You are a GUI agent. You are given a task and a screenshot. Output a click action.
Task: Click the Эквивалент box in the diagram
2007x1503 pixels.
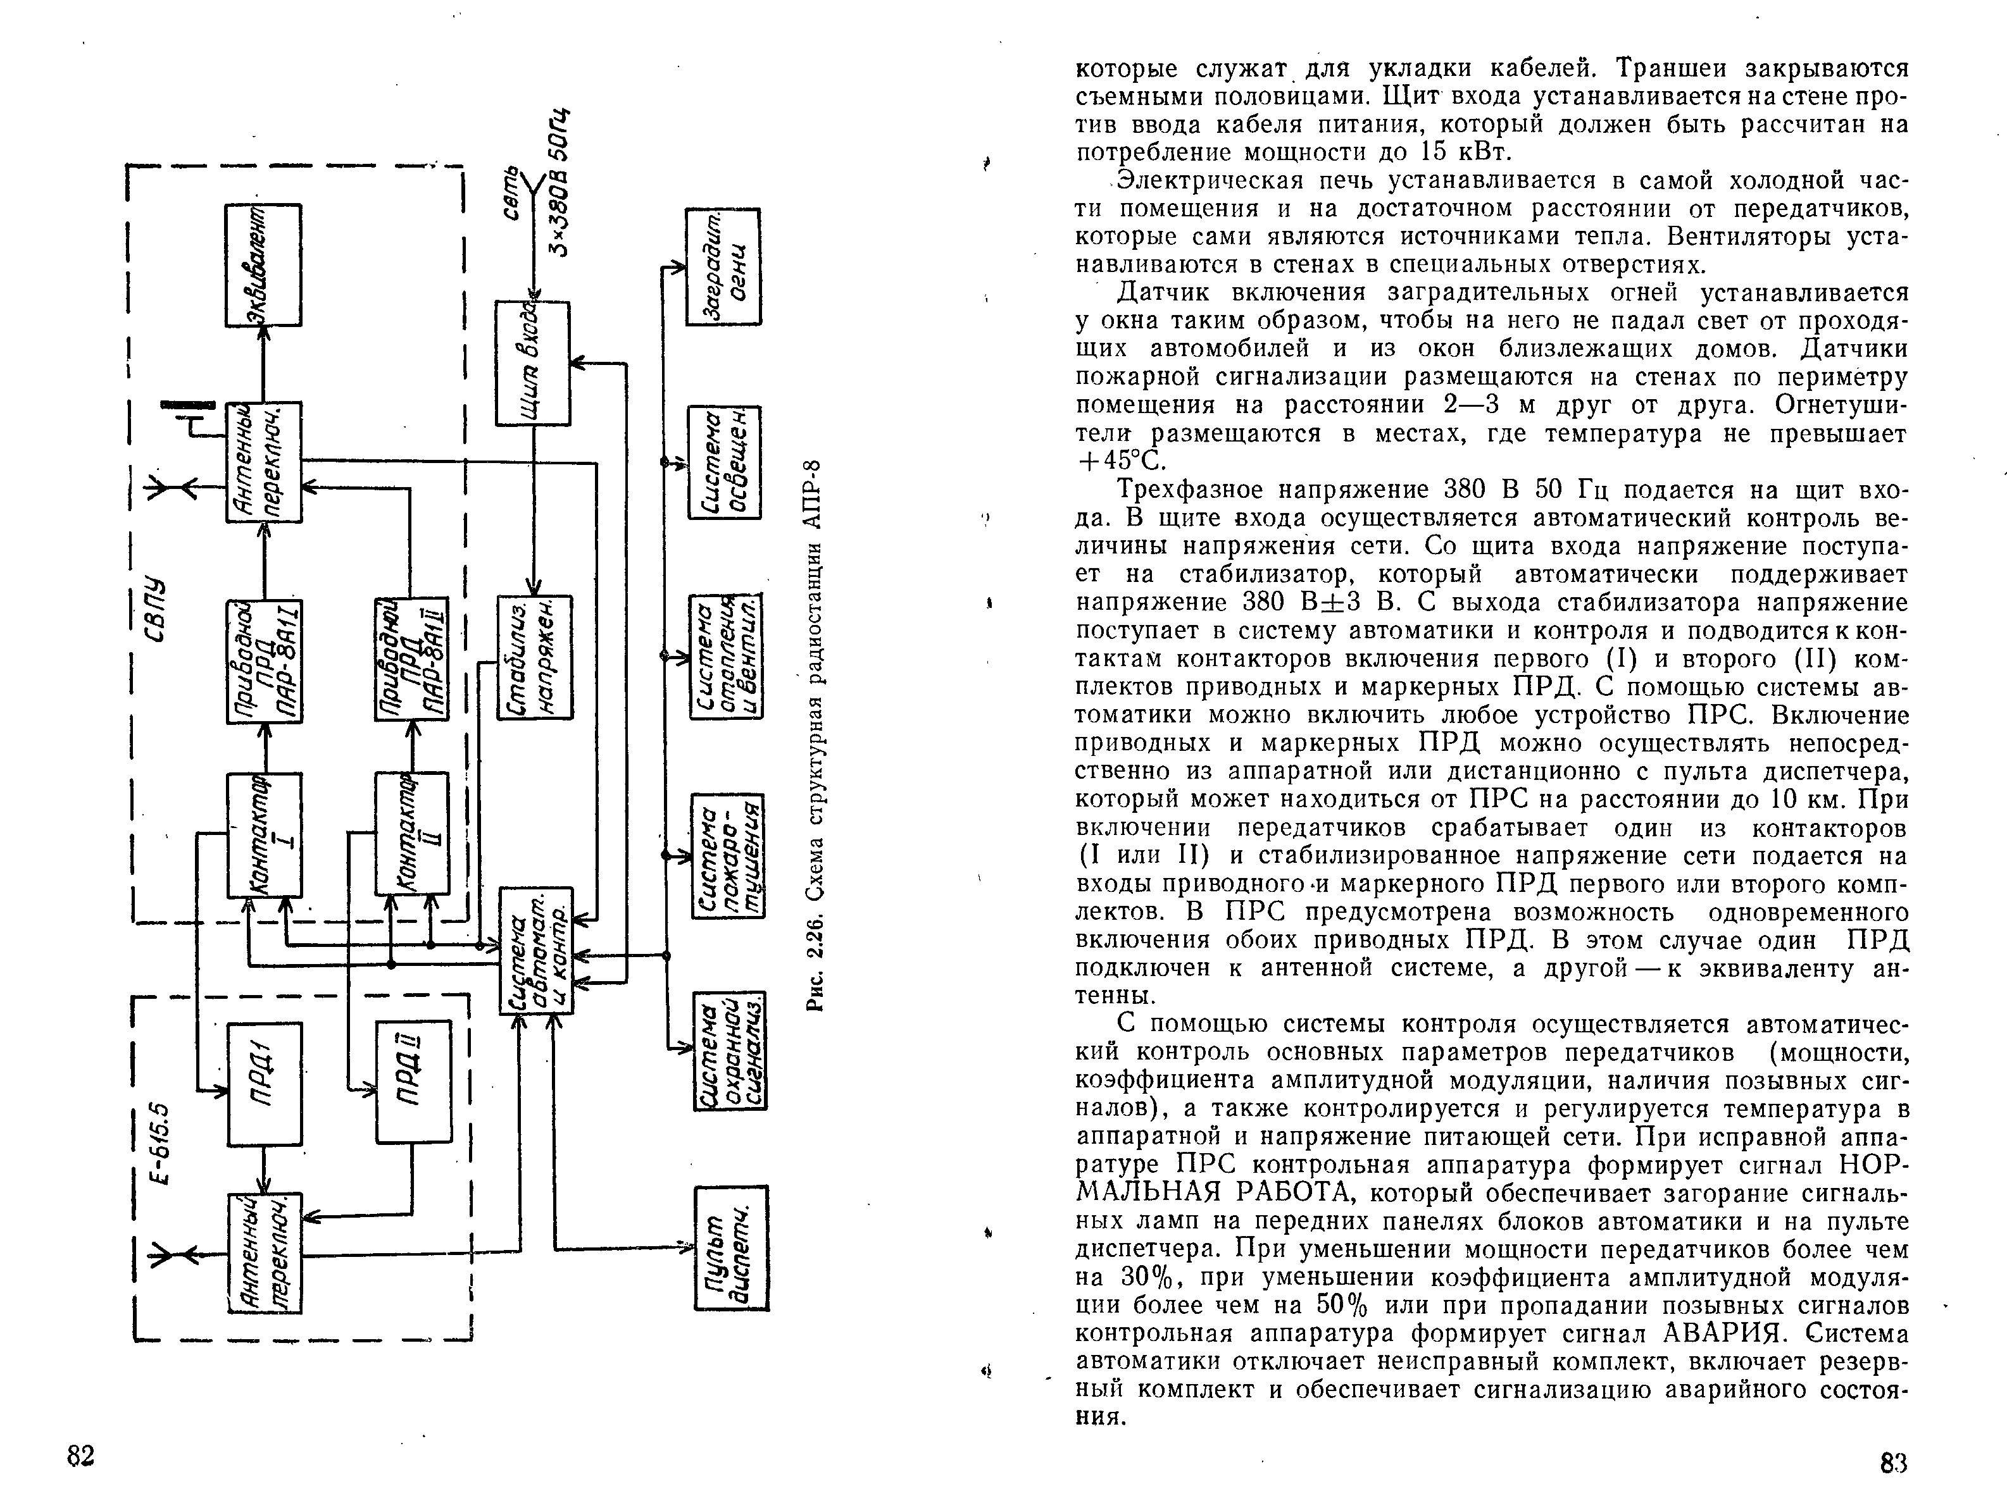pyautogui.click(x=263, y=265)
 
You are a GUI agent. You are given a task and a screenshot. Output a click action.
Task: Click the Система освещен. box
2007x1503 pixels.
pyautogui.click(x=725, y=462)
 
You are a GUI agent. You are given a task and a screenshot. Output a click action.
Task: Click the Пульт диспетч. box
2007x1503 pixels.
pyautogui.click(x=731, y=1247)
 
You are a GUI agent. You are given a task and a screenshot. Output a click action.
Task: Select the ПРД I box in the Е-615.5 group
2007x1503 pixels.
pyautogui.click(x=264, y=1084)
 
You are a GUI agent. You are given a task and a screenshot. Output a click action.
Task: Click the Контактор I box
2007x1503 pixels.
pyautogui.click(x=264, y=834)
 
